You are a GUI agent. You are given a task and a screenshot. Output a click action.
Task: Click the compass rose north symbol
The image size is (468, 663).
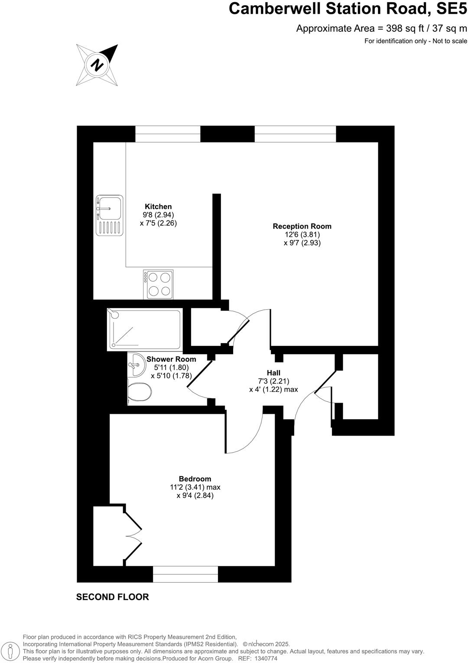(97, 65)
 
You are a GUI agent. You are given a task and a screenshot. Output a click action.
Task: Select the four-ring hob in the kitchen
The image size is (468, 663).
(158, 285)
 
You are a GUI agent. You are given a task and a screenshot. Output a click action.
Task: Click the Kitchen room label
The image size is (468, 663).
(158, 207)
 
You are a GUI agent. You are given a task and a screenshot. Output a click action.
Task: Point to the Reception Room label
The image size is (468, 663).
(302, 226)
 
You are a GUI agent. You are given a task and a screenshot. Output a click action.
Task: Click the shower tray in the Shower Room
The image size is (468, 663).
(144, 330)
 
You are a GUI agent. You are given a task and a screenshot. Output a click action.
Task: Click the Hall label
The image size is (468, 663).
(273, 373)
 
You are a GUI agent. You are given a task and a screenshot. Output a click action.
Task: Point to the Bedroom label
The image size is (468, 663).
(195, 479)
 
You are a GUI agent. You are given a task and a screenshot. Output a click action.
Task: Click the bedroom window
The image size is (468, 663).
(185, 574)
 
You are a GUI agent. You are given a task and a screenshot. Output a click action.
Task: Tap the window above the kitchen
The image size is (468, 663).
(168, 134)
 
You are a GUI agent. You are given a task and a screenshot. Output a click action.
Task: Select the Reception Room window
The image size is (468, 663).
(295, 134)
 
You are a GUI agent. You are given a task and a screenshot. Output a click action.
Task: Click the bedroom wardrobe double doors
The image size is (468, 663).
(133, 536)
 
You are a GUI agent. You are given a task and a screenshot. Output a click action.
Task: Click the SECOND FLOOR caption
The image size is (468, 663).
(113, 597)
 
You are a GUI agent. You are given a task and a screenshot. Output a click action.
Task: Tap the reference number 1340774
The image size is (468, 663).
(266, 658)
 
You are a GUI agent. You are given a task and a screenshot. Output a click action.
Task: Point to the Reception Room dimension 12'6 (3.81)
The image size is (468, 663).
(302, 235)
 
